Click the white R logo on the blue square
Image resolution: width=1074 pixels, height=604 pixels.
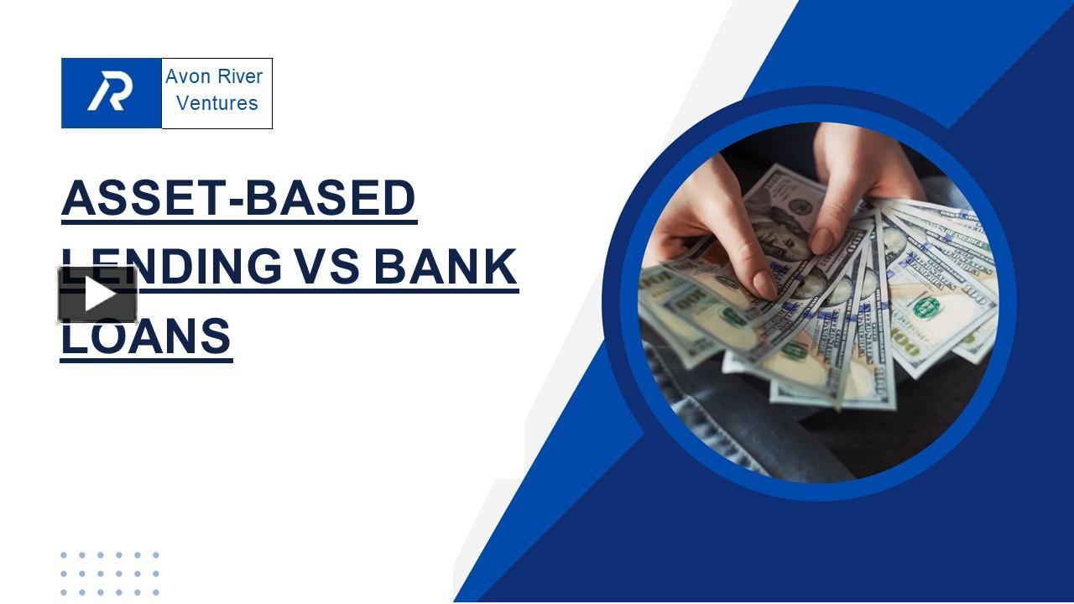pyautogui.click(x=111, y=92)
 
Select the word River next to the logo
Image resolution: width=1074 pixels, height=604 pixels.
pyautogui.click(x=239, y=76)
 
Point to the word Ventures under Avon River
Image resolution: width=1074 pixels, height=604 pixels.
pyautogui.click(x=217, y=103)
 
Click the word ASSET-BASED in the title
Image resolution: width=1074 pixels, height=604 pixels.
pyautogui.click(x=239, y=199)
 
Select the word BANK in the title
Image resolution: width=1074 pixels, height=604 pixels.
pyautogui.click(x=446, y=267)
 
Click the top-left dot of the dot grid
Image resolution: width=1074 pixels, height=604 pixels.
pyautogui.click(x=64, y=555)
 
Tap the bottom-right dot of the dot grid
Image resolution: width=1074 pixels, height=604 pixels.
pyautogui.click(x=155, y=592)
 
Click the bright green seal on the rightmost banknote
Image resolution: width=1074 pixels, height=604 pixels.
pyautogui.click(x=926, y=307)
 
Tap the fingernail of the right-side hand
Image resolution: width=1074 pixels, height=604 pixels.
pyautogui.click(x=821, y=241)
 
